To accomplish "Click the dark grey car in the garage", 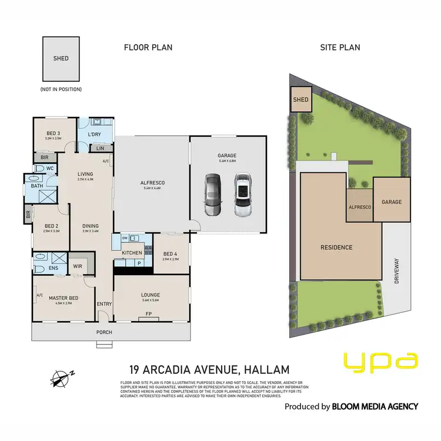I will click(212, 195).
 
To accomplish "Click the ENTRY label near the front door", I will click(104, 303).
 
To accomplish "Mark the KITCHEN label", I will click(131, 252).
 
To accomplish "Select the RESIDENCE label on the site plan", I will click(337, 248).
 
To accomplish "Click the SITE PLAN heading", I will click(340, 48).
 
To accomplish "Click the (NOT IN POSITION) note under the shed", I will click(61, 89).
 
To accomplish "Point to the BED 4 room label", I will click(171, 253).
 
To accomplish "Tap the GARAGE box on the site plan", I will click(392, 202).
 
